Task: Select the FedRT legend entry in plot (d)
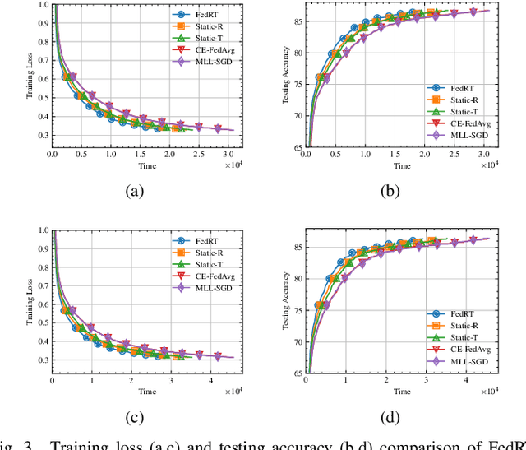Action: [457, 313]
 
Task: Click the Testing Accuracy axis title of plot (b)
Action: [284, 76]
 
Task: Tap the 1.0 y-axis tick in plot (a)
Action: [43, 6]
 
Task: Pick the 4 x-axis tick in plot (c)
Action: [204, 379]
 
